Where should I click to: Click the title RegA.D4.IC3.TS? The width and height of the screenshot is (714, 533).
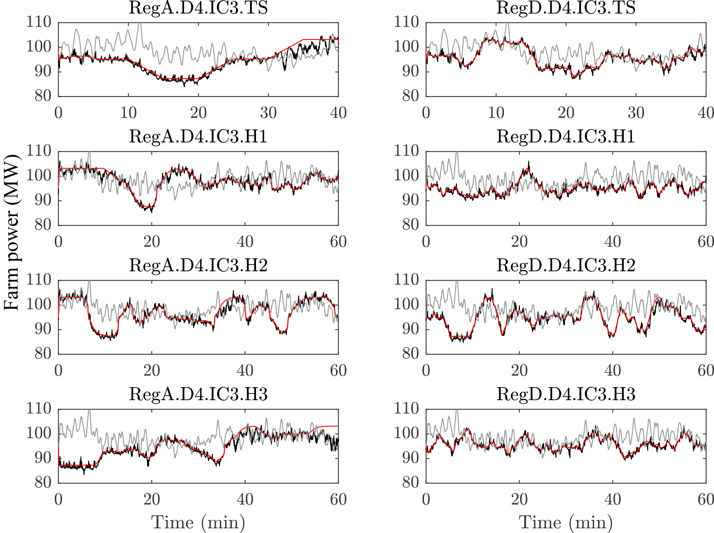point(198,8)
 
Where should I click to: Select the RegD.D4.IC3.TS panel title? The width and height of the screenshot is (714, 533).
point(566,8)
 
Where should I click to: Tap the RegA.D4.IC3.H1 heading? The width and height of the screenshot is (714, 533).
point(198,136)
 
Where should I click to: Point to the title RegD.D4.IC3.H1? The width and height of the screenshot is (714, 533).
point(566,136)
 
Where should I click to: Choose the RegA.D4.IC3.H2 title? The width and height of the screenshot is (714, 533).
point(198,265)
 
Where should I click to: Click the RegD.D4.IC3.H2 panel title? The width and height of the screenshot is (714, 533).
point(566,265)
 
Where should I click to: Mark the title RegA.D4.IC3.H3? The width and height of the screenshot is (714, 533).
point(198,394)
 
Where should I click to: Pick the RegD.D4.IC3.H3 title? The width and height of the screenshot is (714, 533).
point(566,394)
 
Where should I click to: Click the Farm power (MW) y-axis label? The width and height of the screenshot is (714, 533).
point(12,233)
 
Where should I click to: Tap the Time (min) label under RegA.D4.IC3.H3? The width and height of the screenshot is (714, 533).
point(198,522)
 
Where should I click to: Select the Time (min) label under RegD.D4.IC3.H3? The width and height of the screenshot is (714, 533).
point(566,522)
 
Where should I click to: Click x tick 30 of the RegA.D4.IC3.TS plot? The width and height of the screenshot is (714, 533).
point(268,113)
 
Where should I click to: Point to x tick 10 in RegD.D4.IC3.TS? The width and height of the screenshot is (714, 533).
point(496,113)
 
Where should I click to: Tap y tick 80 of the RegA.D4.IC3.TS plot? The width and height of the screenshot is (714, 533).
point(43,96)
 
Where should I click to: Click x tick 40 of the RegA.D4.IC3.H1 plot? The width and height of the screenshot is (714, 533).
point(245,241)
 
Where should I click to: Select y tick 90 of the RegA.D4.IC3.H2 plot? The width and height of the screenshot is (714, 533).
point(43,329)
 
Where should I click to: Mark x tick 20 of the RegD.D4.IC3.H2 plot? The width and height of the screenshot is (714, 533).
point(519,370)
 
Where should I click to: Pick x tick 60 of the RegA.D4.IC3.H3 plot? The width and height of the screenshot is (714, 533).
point(338,499)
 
